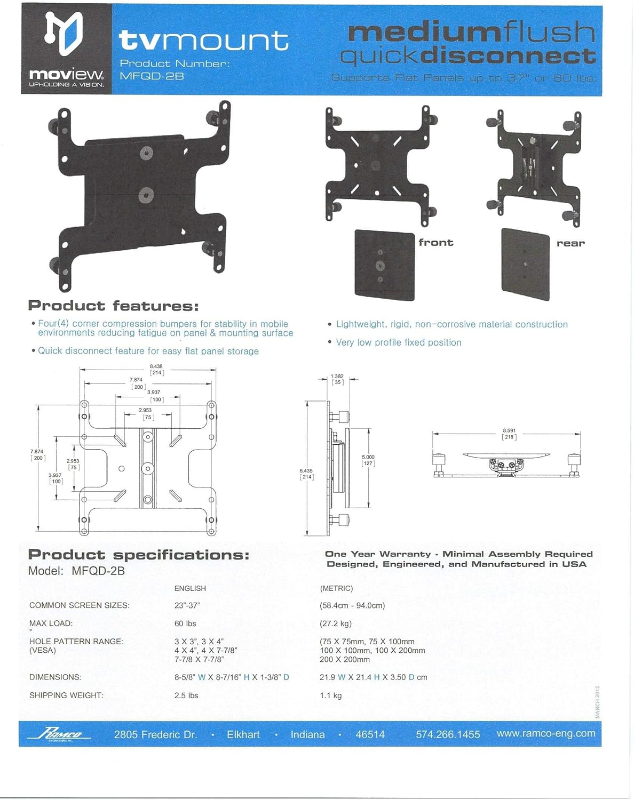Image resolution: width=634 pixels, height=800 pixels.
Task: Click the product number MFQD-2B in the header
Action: tap(152, 76)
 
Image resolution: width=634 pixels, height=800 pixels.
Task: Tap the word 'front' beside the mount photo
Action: tap(435, 243)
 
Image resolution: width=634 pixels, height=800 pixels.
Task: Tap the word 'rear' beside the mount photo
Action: tap(570, 243)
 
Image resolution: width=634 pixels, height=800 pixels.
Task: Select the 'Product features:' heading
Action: tap(113, 306)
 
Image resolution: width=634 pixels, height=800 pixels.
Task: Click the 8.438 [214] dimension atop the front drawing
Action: tap(156, 370)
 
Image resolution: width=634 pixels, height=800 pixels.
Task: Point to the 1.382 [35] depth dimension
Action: tap(337, 379)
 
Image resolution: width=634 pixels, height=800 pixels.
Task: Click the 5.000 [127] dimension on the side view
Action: tap(368, 460)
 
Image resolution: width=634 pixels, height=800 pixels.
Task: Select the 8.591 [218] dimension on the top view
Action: tap(509, 434)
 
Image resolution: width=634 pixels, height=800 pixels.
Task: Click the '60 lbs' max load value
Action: tap(185, 623)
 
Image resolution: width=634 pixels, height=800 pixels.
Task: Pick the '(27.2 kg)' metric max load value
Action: tap(335, 623)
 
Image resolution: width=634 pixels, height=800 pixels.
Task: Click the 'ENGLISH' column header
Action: tap(190, 588)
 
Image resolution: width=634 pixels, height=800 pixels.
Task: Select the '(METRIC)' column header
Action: tap(336, 588)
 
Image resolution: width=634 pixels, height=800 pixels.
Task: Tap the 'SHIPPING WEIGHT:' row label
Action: tap(66, 695)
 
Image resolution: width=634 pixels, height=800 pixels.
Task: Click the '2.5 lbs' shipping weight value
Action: tap(186, 695)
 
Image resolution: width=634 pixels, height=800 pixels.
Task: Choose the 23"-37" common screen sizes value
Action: tap(187, 605)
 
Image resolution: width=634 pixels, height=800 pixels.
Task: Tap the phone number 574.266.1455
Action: tap(448, 734)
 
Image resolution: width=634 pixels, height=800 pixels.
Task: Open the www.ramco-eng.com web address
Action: tap(545, 733)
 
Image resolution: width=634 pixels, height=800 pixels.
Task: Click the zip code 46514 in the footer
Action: tap(370, 734)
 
